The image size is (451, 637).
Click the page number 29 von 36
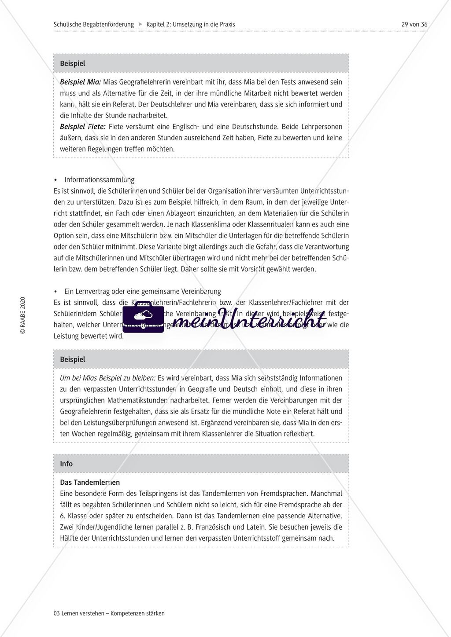(414, 24)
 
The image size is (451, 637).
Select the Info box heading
(66, 464)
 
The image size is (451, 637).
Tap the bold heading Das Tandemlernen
(90, 482)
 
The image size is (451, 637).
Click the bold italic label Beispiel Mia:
(80, 82)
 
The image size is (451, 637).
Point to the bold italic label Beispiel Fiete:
(82, 127)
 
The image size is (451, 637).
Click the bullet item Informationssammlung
(99, 179)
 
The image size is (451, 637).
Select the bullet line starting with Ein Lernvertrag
(142, 291)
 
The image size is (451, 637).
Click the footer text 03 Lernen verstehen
(109, 613)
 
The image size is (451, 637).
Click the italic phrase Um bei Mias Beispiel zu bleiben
(107, 378)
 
